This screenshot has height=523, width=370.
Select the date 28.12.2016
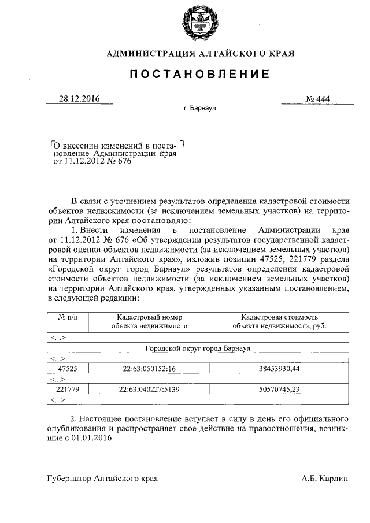(x=79, y=99)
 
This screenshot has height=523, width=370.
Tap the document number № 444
(x=317, y=99)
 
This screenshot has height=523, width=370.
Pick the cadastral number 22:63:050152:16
(x=149, y=368)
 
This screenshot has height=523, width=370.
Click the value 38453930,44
(x=279, y=368)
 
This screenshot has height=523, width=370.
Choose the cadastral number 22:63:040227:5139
(x=149, y=389)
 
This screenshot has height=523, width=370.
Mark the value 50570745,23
(x=279, y=389)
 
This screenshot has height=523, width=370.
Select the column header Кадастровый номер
(x=149, y=317)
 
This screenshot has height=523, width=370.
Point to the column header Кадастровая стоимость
(x=279, y=317)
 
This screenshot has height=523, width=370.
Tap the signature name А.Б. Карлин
(x=325, y=479)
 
